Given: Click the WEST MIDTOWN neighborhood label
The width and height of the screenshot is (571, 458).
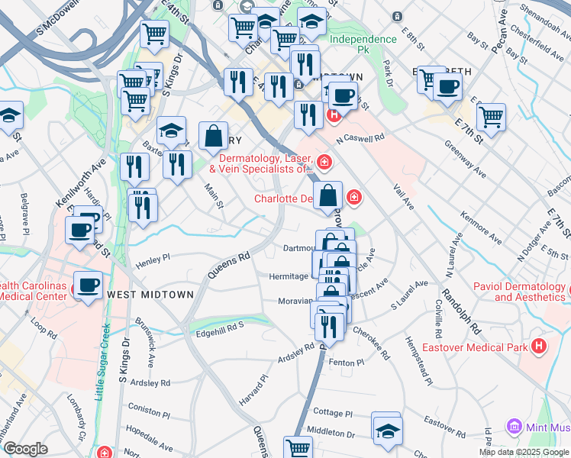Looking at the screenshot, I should click(x=145, y=294).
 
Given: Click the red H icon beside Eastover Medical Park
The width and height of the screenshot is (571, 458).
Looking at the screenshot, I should click(x=540, y=347).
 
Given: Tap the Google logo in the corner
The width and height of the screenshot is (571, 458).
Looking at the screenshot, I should click(x=25, y=449).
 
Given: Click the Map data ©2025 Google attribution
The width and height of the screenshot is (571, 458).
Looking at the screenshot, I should click(x=523, y=453).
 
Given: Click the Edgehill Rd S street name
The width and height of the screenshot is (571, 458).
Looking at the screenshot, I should click(x=220, y=325).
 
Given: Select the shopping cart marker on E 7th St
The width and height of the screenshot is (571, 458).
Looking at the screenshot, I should click(x=491, y=117).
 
